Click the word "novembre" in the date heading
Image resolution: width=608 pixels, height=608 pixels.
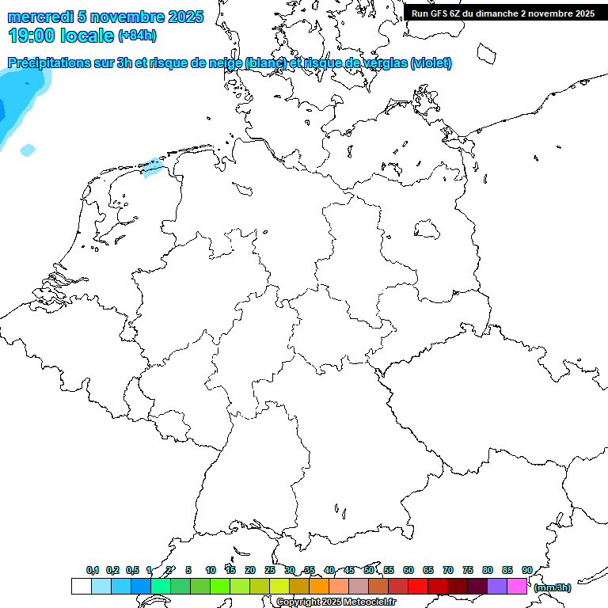[x=126, y=17]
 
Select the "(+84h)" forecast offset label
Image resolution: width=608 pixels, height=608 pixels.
[x=138, y=36]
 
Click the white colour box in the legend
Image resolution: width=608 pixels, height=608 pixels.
[x=81, y=587]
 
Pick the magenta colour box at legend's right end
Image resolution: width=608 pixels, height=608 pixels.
[x=517, y=587]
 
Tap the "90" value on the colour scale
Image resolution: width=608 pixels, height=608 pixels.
[x=526, y=570]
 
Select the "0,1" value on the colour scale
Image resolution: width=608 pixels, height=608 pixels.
[x=92, y=570]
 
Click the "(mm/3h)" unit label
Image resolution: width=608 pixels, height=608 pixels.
[x=552, y=587]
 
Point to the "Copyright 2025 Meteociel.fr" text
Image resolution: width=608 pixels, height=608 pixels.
[x=336, y=602]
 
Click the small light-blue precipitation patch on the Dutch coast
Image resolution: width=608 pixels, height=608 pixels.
[x=151, y=166]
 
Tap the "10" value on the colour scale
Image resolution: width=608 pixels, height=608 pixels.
[x=210, y=570]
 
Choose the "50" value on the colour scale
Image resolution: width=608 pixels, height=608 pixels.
[x=369, y=570]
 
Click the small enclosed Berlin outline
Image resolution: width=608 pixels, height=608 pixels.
[x=427, y=230]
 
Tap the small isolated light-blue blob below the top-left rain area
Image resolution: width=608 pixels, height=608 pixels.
[x=28, y=150]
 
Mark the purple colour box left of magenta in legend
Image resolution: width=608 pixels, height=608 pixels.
[x=497, y=587]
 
